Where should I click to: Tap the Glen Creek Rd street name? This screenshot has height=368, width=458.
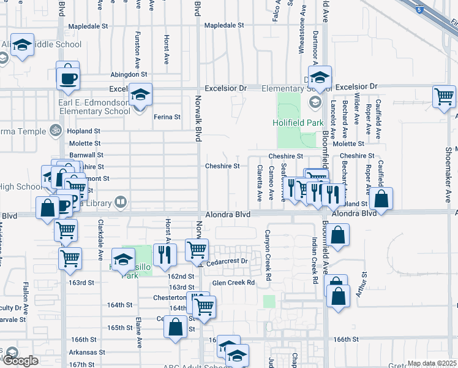tap(233, 283)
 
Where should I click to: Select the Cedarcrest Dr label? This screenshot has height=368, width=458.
tap(226, 261)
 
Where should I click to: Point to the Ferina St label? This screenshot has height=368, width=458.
tap(167, 117)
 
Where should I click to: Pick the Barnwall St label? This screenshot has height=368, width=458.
tap(86, 155)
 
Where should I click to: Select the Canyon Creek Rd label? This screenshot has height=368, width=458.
tap(268, 254)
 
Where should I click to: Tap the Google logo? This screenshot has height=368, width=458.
tap(20, 361)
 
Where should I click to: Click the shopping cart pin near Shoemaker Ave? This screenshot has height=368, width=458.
tap(444, 97)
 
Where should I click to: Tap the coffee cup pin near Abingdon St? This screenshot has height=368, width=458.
tap(67, 78)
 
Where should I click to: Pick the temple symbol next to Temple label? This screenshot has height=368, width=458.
tap(53, 131)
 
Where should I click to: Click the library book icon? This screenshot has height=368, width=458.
tap(121, 202)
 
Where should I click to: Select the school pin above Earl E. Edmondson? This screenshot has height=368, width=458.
tap(140, 94)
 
